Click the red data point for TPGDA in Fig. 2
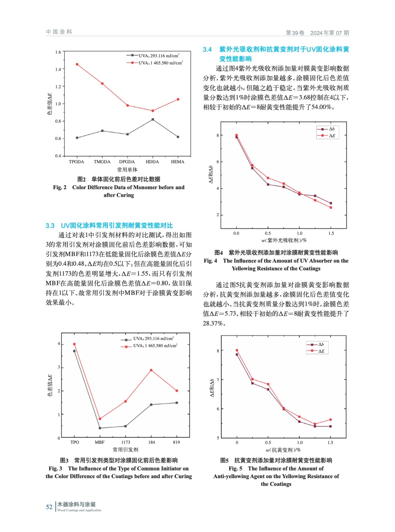tap(77, 64)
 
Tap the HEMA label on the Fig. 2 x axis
tap(177, 162)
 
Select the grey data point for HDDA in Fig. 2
tap(153, 119)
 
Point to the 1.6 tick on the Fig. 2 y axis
tap(58, 52)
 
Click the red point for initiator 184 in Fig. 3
tap(151, 370)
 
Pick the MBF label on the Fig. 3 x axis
tap(99, 442)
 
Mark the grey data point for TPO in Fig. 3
tap(74, 351)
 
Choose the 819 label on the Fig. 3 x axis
tap(176, 442)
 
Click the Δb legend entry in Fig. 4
tap(328, 129)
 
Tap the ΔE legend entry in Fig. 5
tap(317, 351)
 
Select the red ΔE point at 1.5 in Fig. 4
tap(331, 207)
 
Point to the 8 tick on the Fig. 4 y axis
tap(218, 135)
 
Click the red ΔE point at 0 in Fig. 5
tap(237, 350)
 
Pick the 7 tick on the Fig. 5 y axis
tap(218, 380)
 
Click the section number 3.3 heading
tap(50, 225)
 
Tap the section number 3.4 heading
tap(207, 50)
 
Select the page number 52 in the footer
tap(49, 507)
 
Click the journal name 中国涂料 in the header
tap(59, 32)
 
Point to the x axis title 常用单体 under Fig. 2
tap(127, 170)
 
